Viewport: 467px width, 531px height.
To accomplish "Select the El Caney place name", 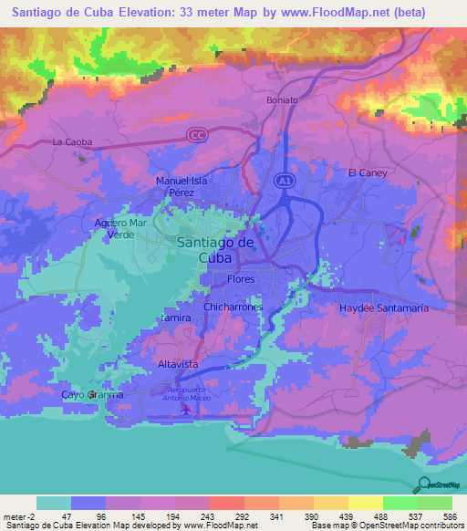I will (x=368, y=172).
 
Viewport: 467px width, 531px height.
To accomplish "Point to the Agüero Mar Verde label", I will (x=120, y=228).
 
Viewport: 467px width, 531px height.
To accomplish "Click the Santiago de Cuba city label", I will (x=214, y=249).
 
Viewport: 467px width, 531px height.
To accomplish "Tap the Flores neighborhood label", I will (x=241, y=279).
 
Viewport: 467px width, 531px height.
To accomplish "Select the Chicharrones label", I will (x=233, y=307).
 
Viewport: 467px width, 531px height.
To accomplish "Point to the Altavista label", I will (x=178, y=363).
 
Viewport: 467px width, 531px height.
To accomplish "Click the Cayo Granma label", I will (x=91, y=395).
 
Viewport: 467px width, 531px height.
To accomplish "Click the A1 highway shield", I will (x=285, y=182).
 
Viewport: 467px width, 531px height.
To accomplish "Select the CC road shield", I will (x=196, y=135).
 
